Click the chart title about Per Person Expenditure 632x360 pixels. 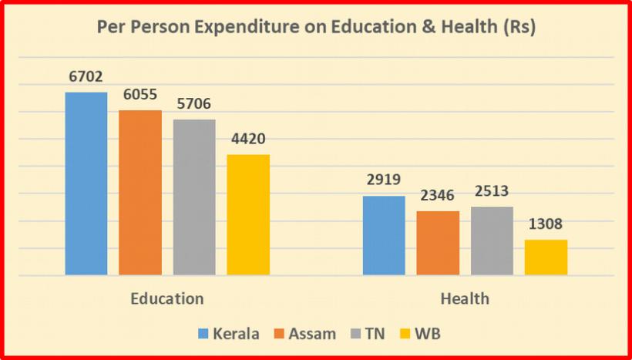[316, 27]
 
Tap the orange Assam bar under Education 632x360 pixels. [140, 193]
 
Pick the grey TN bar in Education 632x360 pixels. [194, 197]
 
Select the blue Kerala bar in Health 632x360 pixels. [384, 235]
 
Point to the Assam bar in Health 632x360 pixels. [438, 243]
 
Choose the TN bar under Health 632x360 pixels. [492, 241]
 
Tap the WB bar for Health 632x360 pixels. [546, 257]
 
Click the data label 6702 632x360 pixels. [86, 77]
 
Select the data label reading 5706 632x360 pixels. [194, 104]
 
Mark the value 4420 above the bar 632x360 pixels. [248, 140]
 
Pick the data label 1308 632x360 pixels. [546, 225]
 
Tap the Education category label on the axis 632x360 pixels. [167, 298]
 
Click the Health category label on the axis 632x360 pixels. [465, 298]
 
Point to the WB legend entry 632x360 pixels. [421, 334]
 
